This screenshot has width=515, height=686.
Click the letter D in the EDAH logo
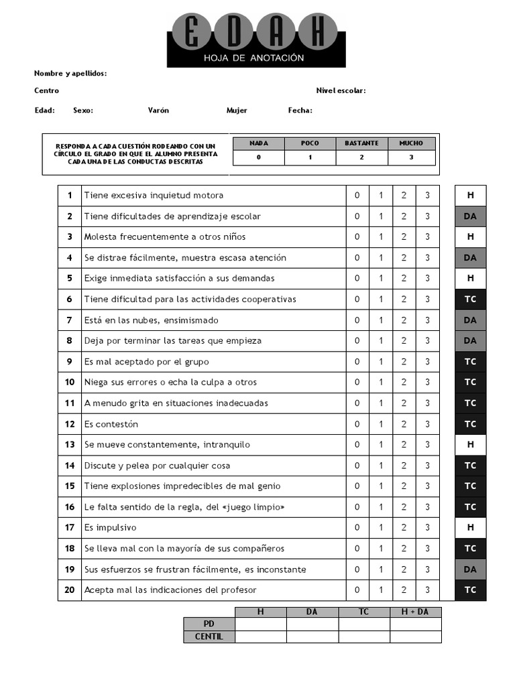[233, 32]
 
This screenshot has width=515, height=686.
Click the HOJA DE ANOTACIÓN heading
[254, 58]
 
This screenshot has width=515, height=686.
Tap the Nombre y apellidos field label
[70, 74]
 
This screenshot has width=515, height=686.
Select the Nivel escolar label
[341, 90]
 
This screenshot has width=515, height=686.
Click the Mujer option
[237, 111]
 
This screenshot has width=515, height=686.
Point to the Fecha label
[300, 111]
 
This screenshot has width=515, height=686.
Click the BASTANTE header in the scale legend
[361, 143]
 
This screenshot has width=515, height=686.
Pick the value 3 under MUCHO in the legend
[411, 157]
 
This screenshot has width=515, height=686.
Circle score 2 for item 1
[404, 196]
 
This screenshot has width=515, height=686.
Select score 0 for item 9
[357, 362]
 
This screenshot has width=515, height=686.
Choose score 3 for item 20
[427, 590]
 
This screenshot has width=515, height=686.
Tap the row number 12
[70, 424]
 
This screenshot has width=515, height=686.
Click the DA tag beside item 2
[470, 216]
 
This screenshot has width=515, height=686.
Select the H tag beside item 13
[470, 445]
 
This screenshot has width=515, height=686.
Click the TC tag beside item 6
[470, 299]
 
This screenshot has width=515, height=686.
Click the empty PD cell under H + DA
[415, 624]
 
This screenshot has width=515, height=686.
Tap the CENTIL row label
[209, 636]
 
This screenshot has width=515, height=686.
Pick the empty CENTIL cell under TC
[363, 636]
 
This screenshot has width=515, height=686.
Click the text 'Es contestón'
[111, 424]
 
